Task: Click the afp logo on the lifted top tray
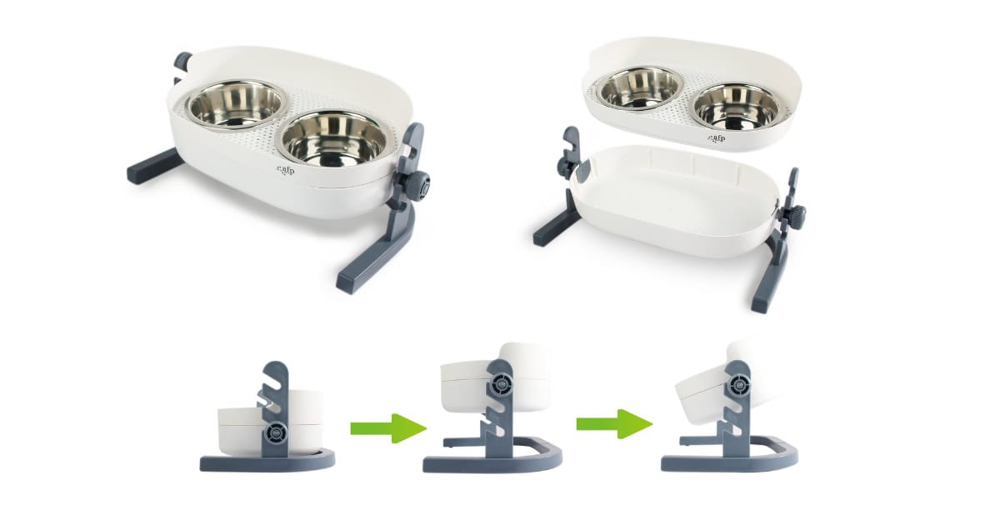715,137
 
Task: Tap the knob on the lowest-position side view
276,432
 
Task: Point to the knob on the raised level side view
502,384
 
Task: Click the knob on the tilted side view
737,386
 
